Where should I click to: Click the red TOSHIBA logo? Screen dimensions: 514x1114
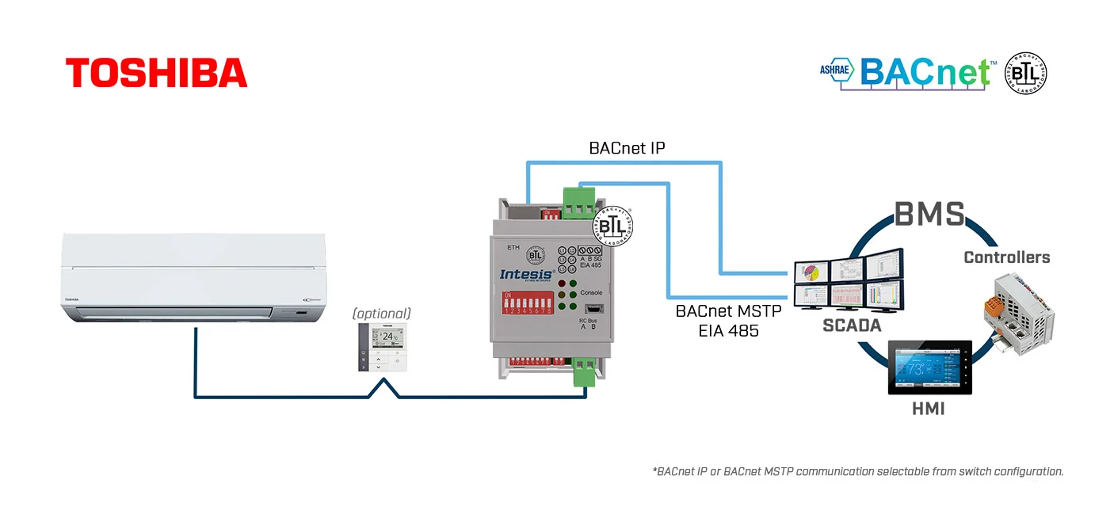pos(156,72)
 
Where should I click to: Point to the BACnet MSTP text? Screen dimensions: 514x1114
pos(728,311)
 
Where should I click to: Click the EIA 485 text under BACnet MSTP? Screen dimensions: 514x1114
pos(728,331)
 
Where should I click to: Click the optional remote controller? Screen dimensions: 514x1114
pos(382,347)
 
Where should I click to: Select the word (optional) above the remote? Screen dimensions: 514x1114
pos(382,313)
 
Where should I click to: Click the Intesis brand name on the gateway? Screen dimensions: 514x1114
pos(526,275)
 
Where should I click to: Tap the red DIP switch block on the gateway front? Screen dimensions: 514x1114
pos(527,303)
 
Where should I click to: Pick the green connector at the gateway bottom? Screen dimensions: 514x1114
pos(584,371)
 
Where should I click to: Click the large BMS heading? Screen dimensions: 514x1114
pos(929,215)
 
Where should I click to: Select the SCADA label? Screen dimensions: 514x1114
pos(851,326)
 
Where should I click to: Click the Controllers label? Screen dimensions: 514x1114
pos(1006,257)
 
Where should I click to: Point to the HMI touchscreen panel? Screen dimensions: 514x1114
pos(929,367)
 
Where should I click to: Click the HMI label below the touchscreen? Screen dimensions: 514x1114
pos(927,409)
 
